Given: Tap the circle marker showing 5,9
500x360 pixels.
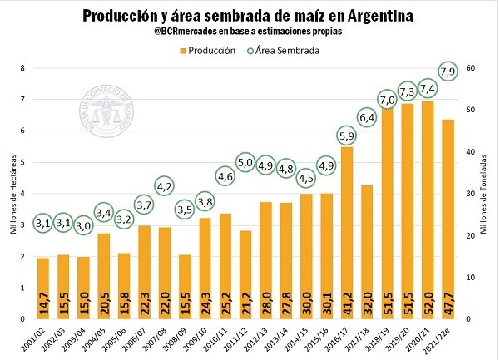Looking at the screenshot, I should click(x=347, y=135).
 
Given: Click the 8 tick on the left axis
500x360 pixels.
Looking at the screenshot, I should click(x=23, y=68).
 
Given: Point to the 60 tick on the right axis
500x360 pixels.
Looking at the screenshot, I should click(x=471, y=68).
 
